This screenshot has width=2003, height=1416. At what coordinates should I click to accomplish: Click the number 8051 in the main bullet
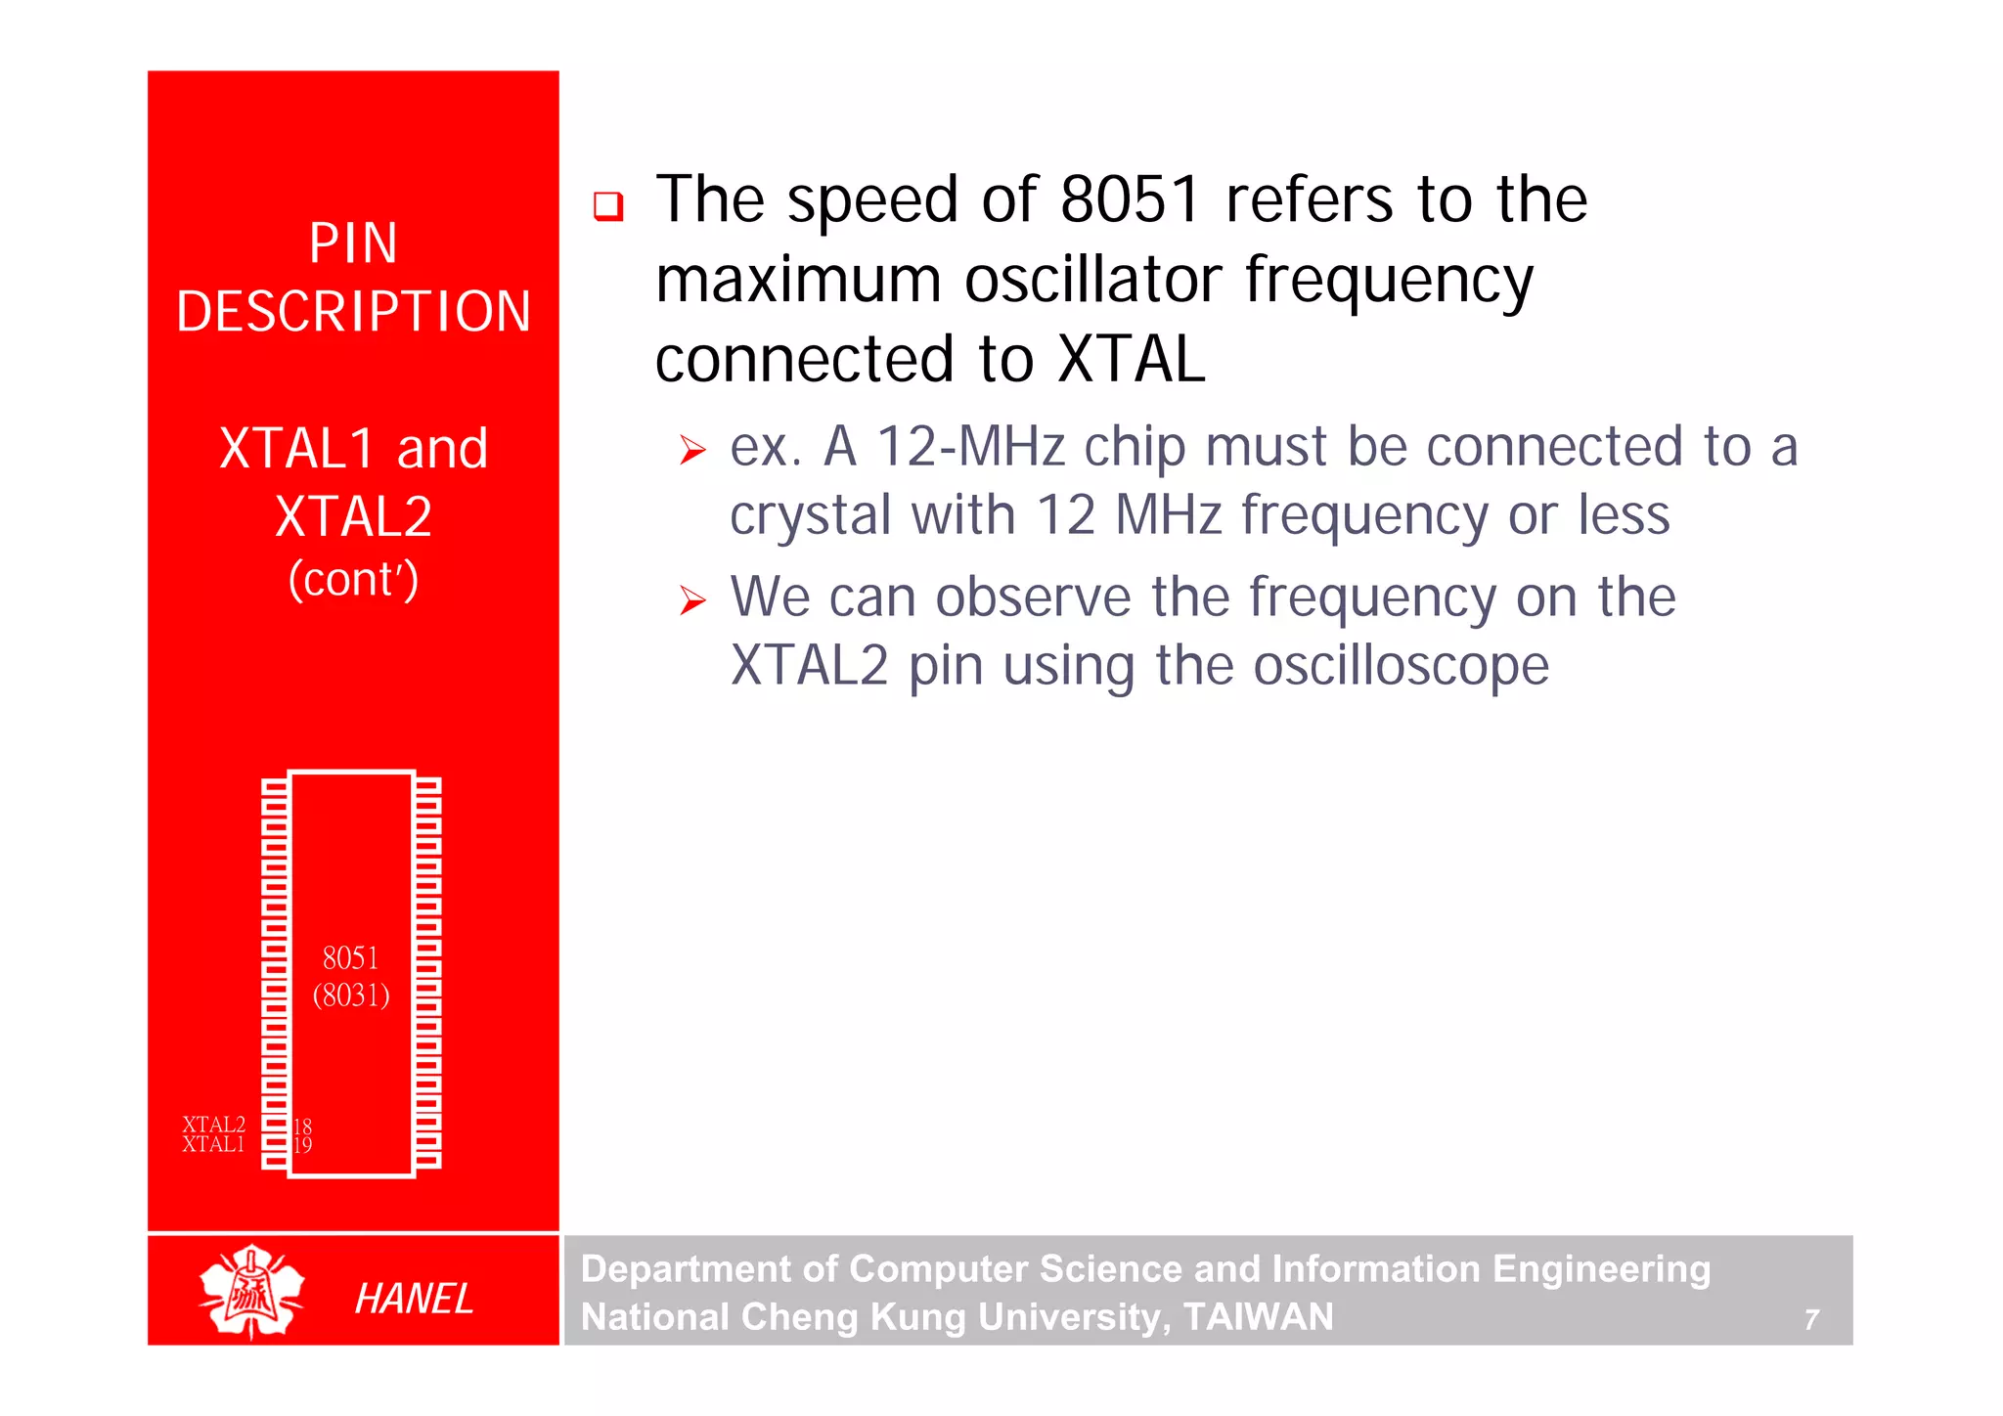(1130, 200)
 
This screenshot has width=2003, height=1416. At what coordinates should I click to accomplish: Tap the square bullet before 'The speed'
(608, 206)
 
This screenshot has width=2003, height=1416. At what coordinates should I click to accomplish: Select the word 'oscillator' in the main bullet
(1092, 281)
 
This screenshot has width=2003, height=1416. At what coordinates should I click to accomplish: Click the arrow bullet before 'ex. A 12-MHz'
(692, 451)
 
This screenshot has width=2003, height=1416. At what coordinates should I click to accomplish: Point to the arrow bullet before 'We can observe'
(692, 600)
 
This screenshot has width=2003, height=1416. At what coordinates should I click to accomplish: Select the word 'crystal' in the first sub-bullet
(811, 515)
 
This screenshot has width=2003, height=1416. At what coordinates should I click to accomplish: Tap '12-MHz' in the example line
(970, 447)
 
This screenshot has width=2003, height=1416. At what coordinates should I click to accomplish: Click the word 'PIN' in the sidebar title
(353, 243)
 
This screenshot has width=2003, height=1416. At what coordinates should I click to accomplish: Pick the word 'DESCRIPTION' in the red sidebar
(353, 312)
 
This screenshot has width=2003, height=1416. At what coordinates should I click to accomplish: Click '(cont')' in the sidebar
(353, 579)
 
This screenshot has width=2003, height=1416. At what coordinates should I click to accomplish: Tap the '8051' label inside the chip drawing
(350, 957)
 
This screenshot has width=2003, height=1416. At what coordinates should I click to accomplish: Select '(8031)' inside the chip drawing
(350, 996)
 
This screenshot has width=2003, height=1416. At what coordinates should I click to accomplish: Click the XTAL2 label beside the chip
(213, 1125)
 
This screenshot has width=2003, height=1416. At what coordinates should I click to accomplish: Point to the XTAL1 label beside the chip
(212, 1144)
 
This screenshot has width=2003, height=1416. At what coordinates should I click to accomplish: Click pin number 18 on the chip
(302, 1127)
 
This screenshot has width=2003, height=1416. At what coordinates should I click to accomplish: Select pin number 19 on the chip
(302, 1145)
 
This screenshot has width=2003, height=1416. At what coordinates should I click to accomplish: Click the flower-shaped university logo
(251, 1292)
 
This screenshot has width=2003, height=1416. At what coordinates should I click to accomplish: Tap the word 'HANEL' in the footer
(414, 1299)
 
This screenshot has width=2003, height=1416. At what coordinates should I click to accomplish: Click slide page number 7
(1811, 1320)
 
